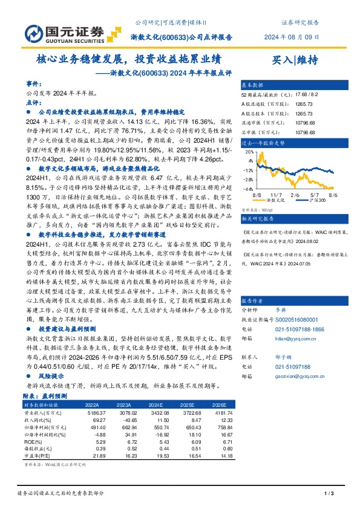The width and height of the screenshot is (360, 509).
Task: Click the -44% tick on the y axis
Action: pyautogui.click(x=249, y=189)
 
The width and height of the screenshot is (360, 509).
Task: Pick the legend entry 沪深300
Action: pyautogui.click(x=316, y=199)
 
